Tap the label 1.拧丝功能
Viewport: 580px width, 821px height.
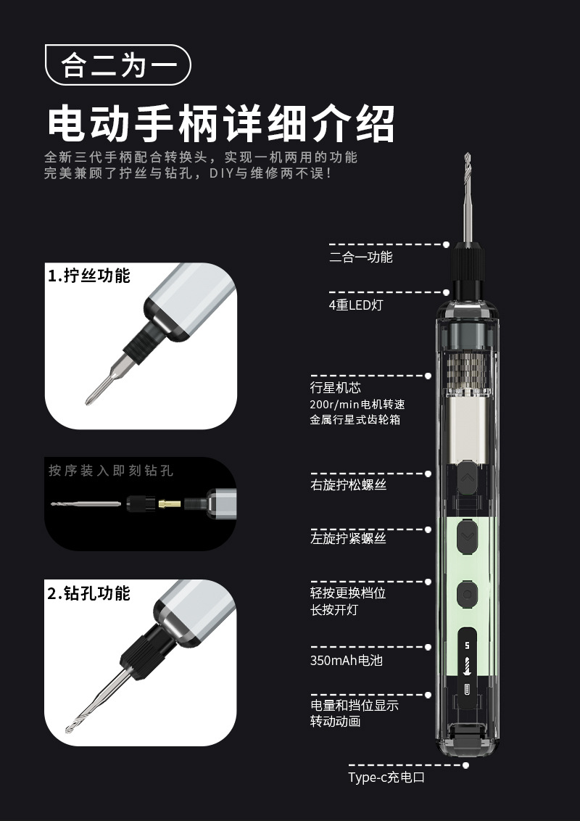[89, 276]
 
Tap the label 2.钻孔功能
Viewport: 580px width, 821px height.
[88, 593]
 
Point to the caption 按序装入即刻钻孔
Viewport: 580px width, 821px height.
[110, 470]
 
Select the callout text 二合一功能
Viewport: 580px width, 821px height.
[360, 257]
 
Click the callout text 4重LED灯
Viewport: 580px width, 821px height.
[356, 305]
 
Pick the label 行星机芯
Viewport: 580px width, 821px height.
[335, 387]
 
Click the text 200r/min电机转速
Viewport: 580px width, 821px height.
[357, 404]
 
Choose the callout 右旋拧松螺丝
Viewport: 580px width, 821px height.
[348, 485]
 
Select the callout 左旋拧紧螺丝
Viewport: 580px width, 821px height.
[348, 538]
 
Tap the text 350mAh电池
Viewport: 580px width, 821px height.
[346, 660]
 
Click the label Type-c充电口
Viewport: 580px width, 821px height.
[386, 777]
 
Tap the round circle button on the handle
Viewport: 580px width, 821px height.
[467, 594]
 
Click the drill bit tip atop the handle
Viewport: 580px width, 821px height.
[468, 154]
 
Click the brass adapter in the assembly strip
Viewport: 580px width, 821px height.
[170, 504]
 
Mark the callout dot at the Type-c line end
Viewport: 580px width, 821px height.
[465, 765]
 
